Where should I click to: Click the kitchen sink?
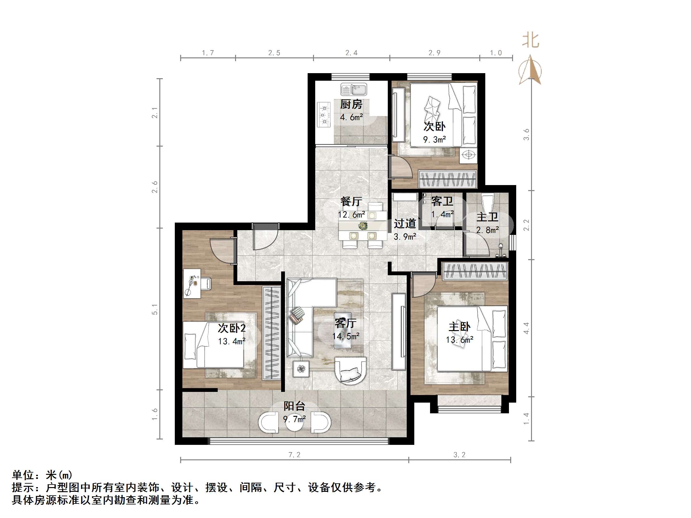tap(353, 89)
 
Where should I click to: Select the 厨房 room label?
tap(351, 104)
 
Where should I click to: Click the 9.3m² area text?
tap(434, 140)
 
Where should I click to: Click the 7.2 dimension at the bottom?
tap(294, 455)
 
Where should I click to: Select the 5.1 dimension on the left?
tap(154, 309)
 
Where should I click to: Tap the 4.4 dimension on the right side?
tap(526, 328)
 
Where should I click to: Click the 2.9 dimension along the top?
tap(434, 53)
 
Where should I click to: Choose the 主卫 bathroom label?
tap(487, 217)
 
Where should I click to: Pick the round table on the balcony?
tap(294, 423)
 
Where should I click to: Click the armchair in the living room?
tap(350, 370)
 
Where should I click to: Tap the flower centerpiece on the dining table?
tap(363, 225)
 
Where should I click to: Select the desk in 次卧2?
tap(192, 283)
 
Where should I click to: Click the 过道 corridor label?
tap(405, 224)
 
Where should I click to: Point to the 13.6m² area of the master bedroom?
tap(459, 340)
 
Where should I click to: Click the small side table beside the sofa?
tap(301, 369)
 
